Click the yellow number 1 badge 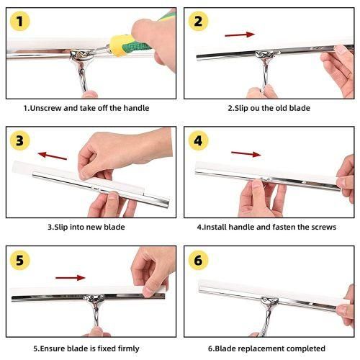[20, 21]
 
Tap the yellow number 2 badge [198, 21]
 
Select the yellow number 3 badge [20, 140]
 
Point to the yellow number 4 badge [198, 140]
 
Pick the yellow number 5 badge [20, 260]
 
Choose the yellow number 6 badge [198, 260]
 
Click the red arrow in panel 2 [240, 35]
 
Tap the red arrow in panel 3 [53, 156]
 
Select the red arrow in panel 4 [246, 154]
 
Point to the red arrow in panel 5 [71, 278]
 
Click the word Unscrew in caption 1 [46, 108]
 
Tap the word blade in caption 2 [300, 108]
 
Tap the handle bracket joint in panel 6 [270, 302]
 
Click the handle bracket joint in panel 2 [265, 54]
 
